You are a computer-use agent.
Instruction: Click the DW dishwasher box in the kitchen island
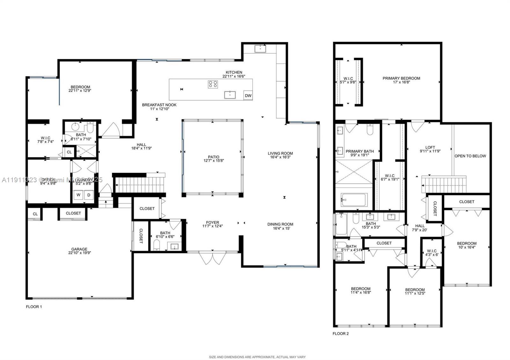248,96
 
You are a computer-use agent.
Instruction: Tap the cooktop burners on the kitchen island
213,84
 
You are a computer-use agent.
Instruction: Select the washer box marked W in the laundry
78,195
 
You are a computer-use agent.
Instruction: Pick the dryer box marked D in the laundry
89,195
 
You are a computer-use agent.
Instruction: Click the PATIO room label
214,159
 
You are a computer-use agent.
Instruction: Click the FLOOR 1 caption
34,307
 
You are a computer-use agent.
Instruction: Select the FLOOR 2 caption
341,334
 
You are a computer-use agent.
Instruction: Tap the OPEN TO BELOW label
470,156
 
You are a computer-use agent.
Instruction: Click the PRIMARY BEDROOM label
401,80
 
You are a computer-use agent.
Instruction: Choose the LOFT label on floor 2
430,149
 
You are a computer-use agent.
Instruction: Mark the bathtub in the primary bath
354,200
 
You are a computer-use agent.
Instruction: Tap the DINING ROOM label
280,226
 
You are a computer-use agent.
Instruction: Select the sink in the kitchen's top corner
260,48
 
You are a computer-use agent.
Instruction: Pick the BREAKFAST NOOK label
159,107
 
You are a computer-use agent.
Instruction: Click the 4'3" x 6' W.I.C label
432,253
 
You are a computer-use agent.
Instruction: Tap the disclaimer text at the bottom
257,357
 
